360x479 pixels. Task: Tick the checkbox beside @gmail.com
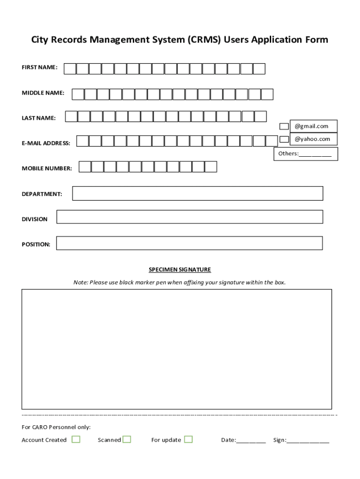[284, 126]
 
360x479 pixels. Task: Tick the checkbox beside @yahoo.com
[284, 139]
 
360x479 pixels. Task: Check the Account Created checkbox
[76, 439]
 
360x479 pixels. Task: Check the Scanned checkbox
[127, 439]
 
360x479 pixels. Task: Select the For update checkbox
[188, 439]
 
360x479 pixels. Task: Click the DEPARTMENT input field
[197, 193]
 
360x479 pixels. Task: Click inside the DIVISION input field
[189, 217]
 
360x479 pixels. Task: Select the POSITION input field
[189, 243]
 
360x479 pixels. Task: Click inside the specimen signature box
[177, 349]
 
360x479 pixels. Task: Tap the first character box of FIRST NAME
[70, 69]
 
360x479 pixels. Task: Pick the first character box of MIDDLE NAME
[78, 94]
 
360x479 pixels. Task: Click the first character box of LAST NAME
[71, 116]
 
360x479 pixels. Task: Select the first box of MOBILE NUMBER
[85, 167]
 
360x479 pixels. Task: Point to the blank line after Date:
[251, 441]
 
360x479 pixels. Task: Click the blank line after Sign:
[308, 441]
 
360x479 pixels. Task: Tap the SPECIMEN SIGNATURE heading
[180, 270]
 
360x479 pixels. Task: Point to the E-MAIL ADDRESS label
[46, 143]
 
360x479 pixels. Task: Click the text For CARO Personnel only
[56, 427]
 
